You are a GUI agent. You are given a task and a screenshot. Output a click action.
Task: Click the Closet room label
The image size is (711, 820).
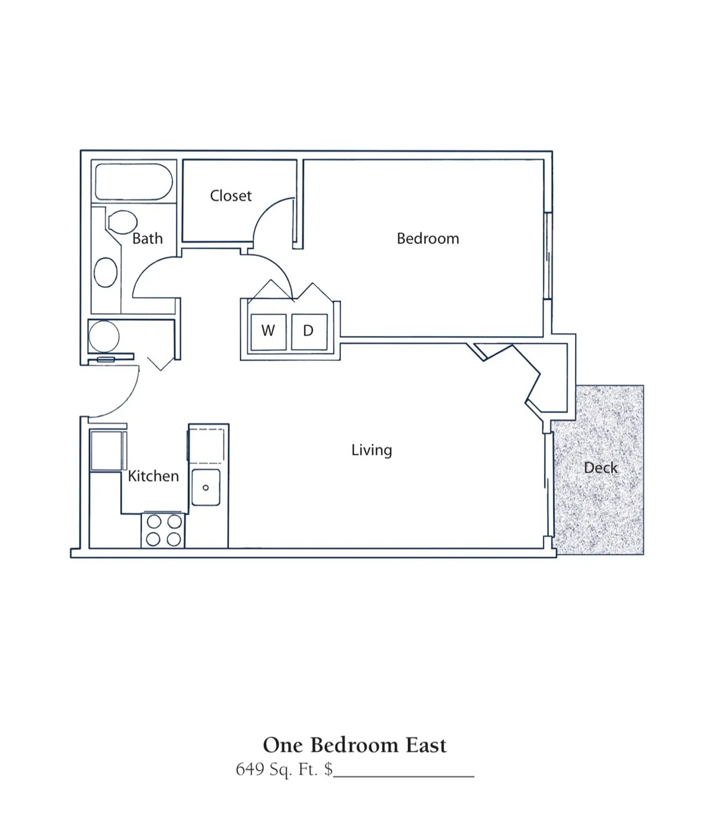[x=231, y=196]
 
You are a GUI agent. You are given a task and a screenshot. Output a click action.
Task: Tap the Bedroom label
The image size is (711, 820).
[x=428, y=238]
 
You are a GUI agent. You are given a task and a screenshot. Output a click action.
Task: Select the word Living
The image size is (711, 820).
[x=372, y=450]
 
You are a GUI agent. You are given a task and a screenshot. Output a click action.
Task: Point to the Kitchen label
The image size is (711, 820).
[x=153, y=476]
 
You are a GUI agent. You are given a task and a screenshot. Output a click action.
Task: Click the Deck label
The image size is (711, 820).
[x=601, y=468]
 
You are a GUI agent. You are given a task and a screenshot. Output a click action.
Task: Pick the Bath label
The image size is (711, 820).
[x=147, y=238]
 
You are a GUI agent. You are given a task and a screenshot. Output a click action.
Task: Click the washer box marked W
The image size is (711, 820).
[x=269, y=332]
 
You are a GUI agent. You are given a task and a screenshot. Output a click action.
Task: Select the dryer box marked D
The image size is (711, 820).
[x=309, y=332]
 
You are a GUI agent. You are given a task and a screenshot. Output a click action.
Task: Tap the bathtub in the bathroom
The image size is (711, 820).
[x=134, y=182]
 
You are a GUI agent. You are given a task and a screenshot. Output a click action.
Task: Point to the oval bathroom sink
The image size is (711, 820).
[x=105, y=272]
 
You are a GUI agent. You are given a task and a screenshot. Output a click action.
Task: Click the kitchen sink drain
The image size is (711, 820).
[x=206, y=488]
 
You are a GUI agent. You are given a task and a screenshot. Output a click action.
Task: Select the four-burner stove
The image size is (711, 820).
[x=163, y=531]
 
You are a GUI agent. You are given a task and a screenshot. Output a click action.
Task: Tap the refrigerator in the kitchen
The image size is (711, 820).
[x=107, y=450]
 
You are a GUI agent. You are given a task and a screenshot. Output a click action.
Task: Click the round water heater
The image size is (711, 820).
[x=104, y=336]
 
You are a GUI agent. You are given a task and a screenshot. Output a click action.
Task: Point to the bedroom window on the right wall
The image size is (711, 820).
[x=548, y=256]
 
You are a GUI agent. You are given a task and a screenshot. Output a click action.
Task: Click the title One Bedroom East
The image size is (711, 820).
[x=355, y=745]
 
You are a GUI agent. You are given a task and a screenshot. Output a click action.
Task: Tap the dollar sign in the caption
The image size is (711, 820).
[x=329, y=769]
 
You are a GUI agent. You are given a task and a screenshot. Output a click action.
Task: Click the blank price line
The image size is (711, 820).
[x=404, y=776]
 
